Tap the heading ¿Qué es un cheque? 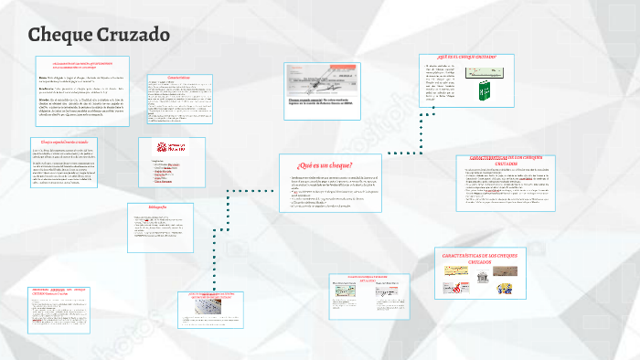[x=325, y=164]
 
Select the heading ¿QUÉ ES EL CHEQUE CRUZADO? [x=466, y=57]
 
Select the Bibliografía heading [x=160, y=208]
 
